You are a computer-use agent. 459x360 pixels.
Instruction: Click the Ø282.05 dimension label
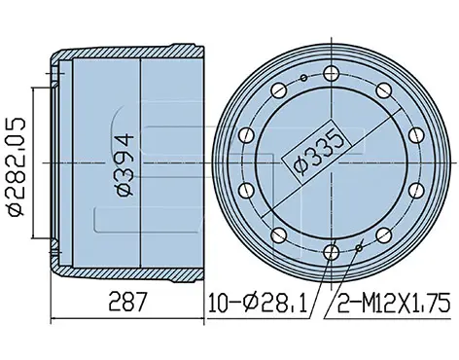pos(17,166)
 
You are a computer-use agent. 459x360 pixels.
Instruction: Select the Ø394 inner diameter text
pos(124,164)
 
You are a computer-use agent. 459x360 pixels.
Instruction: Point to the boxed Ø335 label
pos(316,152)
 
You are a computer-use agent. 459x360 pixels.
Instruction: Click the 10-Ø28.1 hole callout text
pos(258,303)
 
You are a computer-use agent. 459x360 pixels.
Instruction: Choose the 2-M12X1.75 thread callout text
pos(394,303)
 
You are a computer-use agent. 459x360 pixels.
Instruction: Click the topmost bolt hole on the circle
pos(332,73)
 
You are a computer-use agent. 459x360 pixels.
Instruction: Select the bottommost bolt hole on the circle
pos(332,252)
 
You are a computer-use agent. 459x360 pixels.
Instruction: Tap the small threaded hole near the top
pos(303,78)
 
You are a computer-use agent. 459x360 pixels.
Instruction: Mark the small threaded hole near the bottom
pos(359,248)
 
